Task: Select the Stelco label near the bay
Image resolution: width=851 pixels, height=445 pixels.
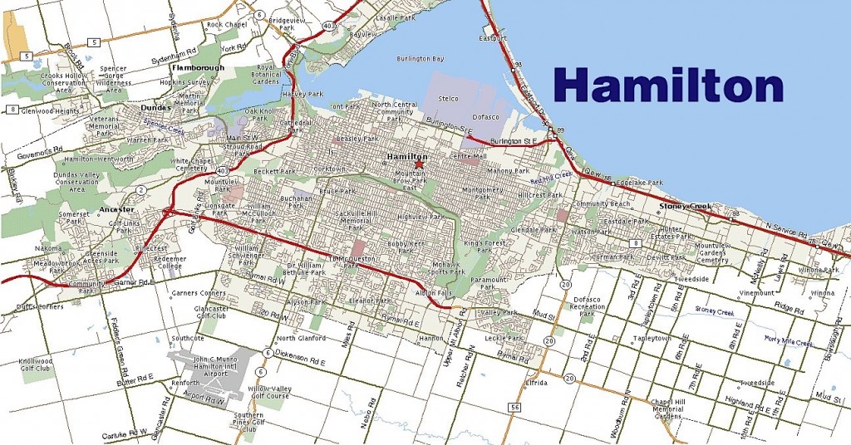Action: (449, 99)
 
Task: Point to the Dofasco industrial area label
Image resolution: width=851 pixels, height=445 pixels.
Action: (487, 117)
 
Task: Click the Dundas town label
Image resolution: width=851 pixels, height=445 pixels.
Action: (155, 107)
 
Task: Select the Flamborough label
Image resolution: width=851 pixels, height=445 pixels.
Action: (198, 67)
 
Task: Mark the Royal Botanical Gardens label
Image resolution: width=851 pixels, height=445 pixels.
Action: (278, 74)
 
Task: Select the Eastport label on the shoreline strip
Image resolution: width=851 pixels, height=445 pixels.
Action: (493, 38)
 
